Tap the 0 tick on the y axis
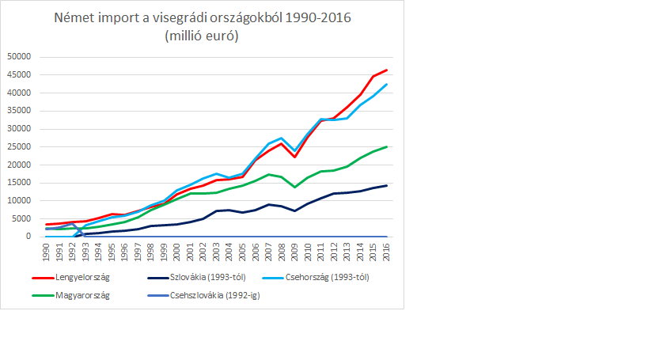pyautogui.click(x=28, y=237)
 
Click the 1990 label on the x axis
pyautogui.click(x=47, y=252)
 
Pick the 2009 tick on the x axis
pyautogui.click(x=294, y=252)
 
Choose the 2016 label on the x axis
pyautogui.click(x=386, y=252)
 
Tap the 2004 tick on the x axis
pyautogui.click(x=229, y=252)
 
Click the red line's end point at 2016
pyautogui.click(x=386, y=70)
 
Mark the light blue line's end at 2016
pyautogui.click(x=386, y=85)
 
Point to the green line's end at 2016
pyautogui.click(x=386, y=146)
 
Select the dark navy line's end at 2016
pyautogui.click(x=386, y=185)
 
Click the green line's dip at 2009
pyautogui.click(x=294, y=187)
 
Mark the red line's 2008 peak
pyautogui.click(x=282, y=143)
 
